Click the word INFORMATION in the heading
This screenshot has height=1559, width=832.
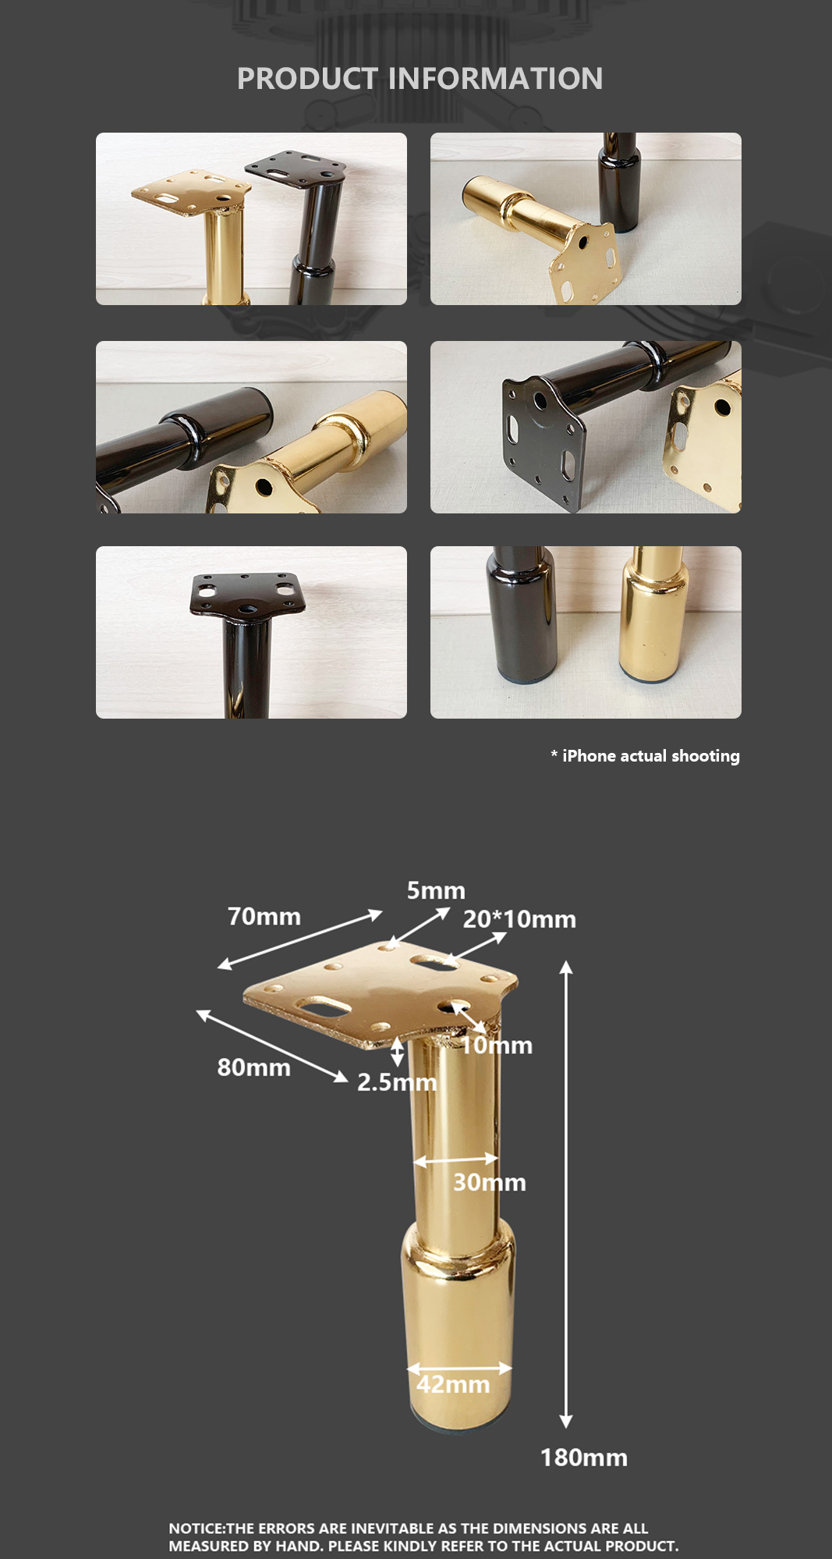pyautogui.click(x=495, y=79)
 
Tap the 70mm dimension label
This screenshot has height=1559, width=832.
pyautogui.click(x=264, y=916)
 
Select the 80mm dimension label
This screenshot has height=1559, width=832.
pyautogui.click(x=253, y=1067)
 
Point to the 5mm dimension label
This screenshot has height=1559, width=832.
pyautogui.click(x=436, y=890)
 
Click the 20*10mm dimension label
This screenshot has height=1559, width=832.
pyautogui.click(x=519, y=919)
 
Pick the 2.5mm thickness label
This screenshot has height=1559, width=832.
pyautogui.click(x=397, y=1082)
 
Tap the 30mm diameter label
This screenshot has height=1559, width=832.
pyautogui.click(x=490, y=1182)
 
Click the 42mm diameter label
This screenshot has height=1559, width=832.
pyautogui.click(x=453, y=1384)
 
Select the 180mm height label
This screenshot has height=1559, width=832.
pyautogui.click(x=584, y=1458)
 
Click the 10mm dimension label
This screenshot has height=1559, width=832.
pyautogui.click(x=496, y=1046)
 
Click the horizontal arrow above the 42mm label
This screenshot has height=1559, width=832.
pyautogui.click(x=459, y=1368)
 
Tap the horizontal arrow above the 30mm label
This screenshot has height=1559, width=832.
pyautogui.click(x=455, y=1159)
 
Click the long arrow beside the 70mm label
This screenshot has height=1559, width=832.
pyautogui.click(x=300, y=939)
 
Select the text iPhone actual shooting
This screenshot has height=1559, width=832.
pyautogui.click(x=651, y=756)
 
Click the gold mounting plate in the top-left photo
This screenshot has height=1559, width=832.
pyautogui.click(x=191, y=192)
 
